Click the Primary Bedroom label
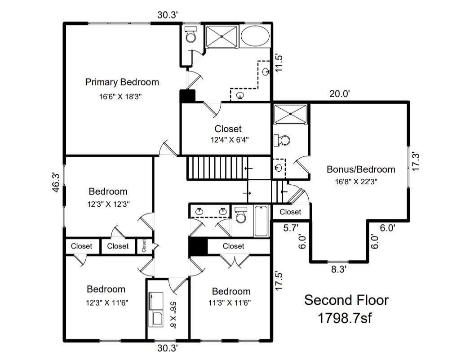tap(122, 82)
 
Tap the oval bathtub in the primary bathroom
tap(255, 36)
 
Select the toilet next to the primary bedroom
tap(191, 35)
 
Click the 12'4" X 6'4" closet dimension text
tap(228, 140)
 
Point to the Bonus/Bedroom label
tap(360, 169)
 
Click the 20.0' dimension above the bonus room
tap(339, 93)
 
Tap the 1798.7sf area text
tap(345, 318)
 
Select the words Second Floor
tap(346, 300)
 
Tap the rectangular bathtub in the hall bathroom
tap(261, 220)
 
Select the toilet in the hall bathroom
tap(241, 215)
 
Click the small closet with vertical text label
tap(144, 246)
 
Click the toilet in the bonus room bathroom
tap(283, 140)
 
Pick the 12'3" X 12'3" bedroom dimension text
tap(108, 204)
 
